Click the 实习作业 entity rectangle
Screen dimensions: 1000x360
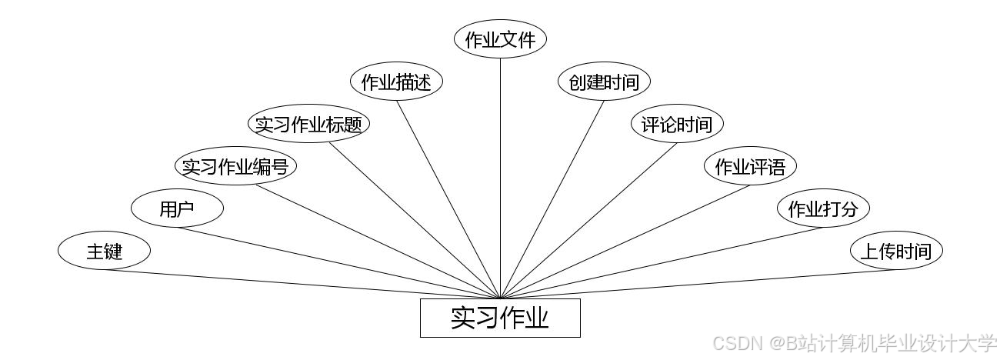tap(500, 318)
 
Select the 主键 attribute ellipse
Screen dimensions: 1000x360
tap(105, 251)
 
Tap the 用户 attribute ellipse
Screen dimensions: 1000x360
tap(177, 208)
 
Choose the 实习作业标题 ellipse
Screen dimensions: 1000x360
tap(308, 124)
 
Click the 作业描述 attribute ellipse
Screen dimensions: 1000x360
tap(396, 82)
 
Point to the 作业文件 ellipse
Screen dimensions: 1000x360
tap(500, 40)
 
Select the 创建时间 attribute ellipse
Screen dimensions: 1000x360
tap(604, 82)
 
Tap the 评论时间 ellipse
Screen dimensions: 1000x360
tap(677, 124)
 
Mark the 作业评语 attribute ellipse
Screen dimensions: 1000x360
tap(750, 166)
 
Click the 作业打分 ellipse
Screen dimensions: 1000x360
tap(823, 208)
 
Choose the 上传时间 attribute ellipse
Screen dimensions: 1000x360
tap(895, 251)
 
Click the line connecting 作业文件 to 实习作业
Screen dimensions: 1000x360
tap(500, 177)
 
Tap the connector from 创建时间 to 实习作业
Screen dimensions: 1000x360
tap(552, 199)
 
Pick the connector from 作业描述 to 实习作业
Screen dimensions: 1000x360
tap(448, 199)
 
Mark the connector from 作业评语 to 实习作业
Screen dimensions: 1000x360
tap(625, 242)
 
